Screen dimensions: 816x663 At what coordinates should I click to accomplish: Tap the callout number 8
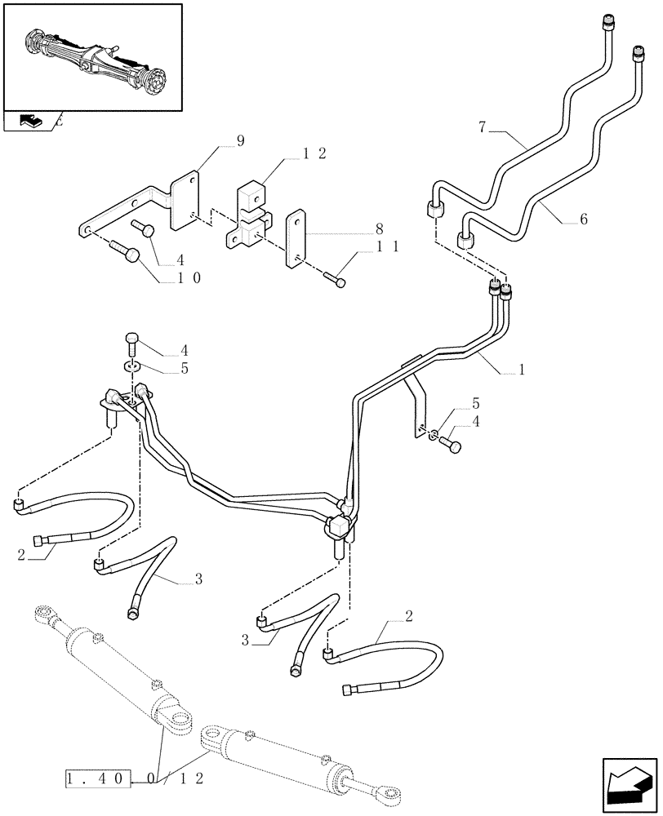click(378, 228)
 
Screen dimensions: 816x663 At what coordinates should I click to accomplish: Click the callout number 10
click(187, 277)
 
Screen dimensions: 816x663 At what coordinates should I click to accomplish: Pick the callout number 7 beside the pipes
click(483, 127)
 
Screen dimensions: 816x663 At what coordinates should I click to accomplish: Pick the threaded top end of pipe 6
click(637, 55)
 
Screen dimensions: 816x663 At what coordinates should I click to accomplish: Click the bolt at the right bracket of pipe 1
click(451, 445)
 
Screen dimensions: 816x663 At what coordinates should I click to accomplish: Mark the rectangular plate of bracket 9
click(185, 199)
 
